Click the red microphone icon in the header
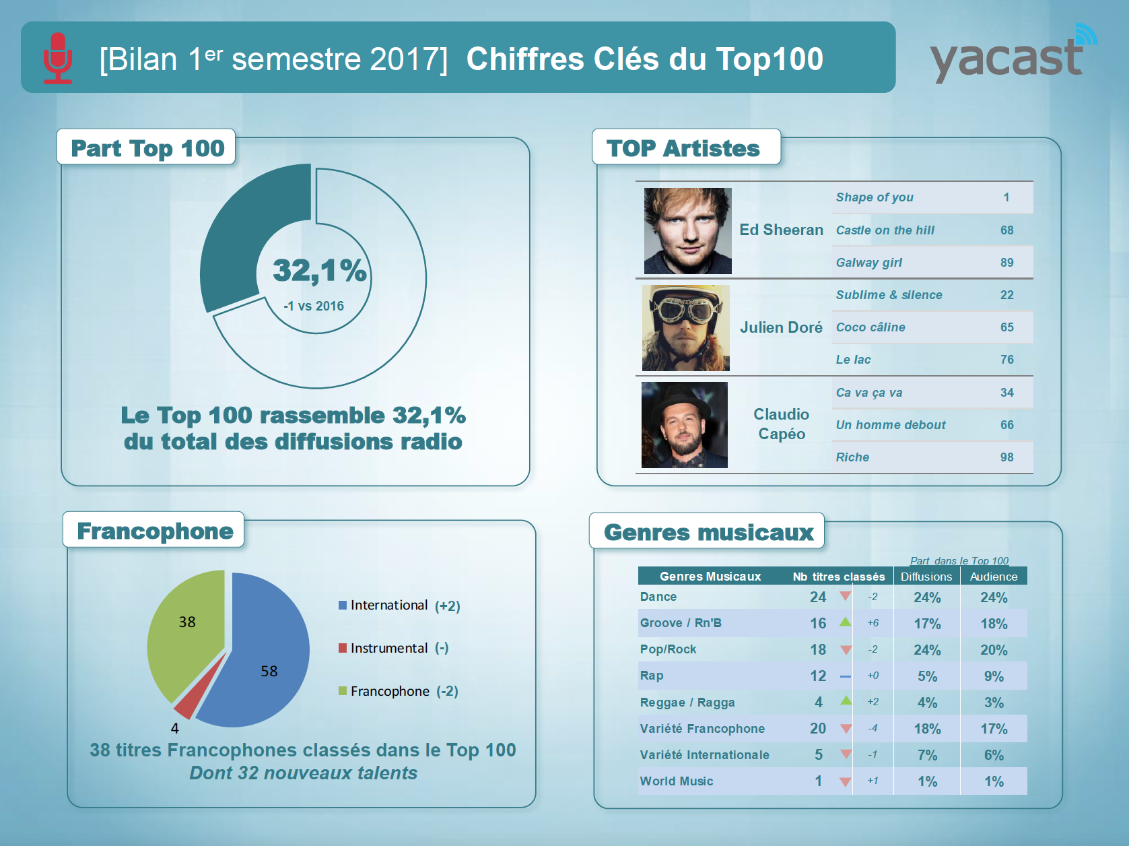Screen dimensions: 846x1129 click(x=58, y=58)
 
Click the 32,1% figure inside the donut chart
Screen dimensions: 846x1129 click(x=319, y=271)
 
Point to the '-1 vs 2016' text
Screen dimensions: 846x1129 click(x=314, y=306)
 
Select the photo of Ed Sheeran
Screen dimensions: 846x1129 click(x=687, y=231)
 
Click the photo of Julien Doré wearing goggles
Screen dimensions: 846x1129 click(x=685, y=328)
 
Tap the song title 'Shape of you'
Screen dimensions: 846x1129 click(x=875, y=197)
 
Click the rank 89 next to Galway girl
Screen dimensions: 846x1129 click(x=1006, y=263)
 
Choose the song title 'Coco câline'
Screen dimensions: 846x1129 click(x=870, y=327)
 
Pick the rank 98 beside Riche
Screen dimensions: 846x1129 click(x=1006, y=457)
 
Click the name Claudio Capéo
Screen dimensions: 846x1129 click(x=781, y=424)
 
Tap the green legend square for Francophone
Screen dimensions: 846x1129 click(x=343, y=691)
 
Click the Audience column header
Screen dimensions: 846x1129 click(x=993, y=577)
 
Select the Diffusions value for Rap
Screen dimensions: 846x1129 click(x=927, y=676)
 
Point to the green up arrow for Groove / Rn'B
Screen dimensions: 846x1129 click(x=846, y=622)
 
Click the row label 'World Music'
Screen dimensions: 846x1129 click(x=677, y=781)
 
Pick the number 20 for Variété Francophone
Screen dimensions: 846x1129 click(x=818, y=729)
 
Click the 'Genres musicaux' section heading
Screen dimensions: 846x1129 click(x=708, y=532)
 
